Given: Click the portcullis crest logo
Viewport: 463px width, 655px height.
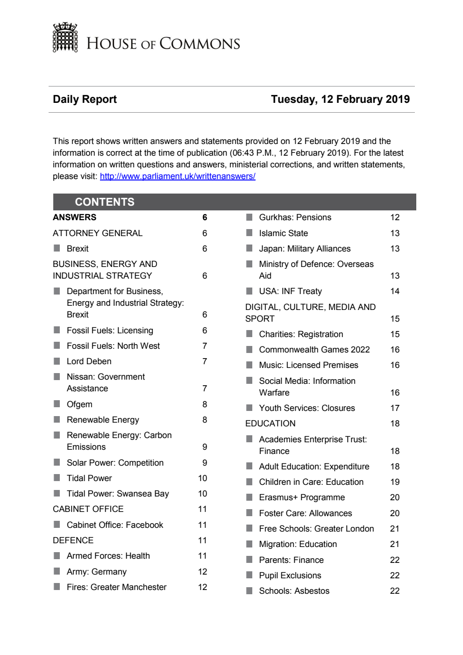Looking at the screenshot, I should pyautogui.click(x=65, y=37).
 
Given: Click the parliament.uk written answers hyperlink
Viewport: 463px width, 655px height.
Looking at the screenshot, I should pyautogui.click(x=178, y=176).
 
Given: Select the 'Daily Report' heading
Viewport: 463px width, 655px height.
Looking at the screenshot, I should pyautogui.click(x=85, y=99).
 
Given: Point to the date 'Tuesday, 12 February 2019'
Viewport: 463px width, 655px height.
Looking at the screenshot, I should pyautogui.click(x=340, y=99).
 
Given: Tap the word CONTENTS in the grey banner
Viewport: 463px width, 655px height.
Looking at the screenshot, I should pyautogui.click(x=105, y=202).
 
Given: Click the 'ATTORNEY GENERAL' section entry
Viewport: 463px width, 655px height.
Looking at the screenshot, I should pyautogui.click(x=98, y=233).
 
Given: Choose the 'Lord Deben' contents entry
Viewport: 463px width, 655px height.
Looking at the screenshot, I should pyautogui.click(x=89, y=361).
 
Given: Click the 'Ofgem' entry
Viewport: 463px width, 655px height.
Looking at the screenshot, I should pyautogui.click(x=79, y=404).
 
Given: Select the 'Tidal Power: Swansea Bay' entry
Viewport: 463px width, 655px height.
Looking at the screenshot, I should pyautogui.click(x=118, y=494).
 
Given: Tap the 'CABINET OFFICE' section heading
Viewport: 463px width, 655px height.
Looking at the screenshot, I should pyautogui.click(x=88, y=509).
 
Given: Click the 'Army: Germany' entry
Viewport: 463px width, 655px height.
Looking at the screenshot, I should pyautogui.click(x=96, y=572).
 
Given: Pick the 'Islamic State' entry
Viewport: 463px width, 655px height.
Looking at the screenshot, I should pyautogui.click(x=283, y=233).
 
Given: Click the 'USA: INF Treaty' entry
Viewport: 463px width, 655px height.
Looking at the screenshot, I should pyautogui.click(x=290, y=291).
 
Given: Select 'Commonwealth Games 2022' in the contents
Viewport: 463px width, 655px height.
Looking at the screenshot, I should pyautogui.click(x=314, y=350).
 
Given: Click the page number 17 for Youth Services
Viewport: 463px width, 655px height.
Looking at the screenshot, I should pyautogui.click(x=395, y=408).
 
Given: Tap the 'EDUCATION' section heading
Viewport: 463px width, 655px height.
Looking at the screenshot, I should pyautogui.click(x=270, y=424).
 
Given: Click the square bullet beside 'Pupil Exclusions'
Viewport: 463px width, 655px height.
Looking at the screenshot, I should pyautogui.click(x=249, y=575).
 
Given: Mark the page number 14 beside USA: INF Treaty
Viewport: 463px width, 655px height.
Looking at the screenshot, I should pyautogui.click(x=395, y=291).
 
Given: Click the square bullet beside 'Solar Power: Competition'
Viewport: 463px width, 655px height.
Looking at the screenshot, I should pyautogui.click(x=57, y=462).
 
